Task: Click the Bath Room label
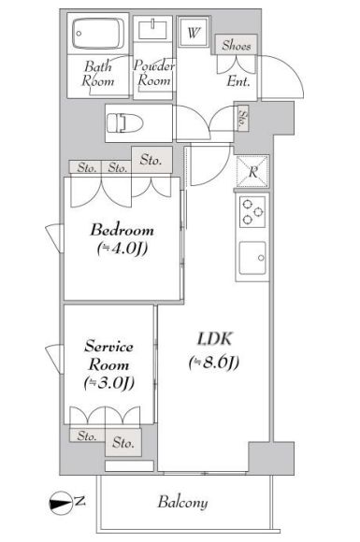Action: point(98,74)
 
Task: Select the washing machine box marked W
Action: point(194,32)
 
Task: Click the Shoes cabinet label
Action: point(235,45)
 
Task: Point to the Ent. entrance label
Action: point(238,81)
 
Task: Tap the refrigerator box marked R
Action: point(252,171)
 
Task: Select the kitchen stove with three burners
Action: point(252,213)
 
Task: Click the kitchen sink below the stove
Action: point(252,256)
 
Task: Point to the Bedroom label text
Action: point(122,231)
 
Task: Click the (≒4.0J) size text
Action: point(122,249)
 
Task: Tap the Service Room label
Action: point(110,356)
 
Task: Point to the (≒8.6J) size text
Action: point(214,363)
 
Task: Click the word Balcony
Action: point(182,503)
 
